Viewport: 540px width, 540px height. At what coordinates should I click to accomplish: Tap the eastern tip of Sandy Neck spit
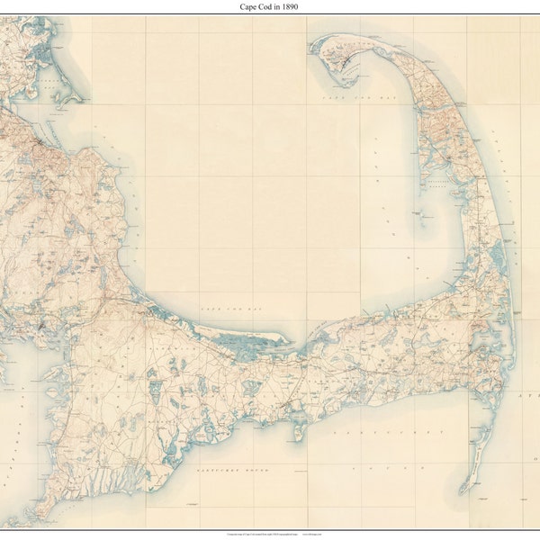pyautogui.click(x=290, y=341)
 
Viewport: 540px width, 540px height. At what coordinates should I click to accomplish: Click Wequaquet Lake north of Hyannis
pyautogui.click(x=255, y=378)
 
